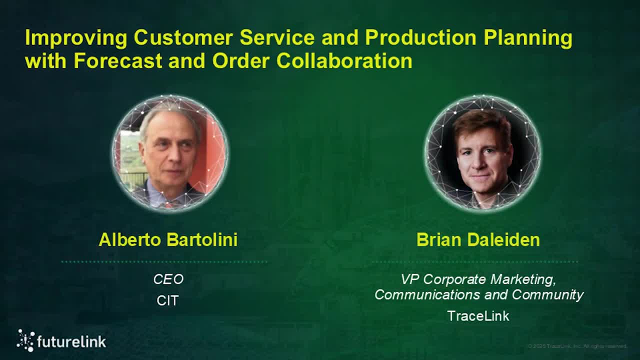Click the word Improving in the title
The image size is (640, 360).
click(x=76, y=38)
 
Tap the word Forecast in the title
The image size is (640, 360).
click(x=118, y=60)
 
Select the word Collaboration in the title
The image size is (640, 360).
click(x=344, y=60)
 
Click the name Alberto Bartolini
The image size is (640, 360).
click(x=168, y=239)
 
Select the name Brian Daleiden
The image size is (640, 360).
click(x=478, y=239)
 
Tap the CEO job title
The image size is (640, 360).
click(x=168, y=279)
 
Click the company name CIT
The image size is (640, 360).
click(x=167, y=301)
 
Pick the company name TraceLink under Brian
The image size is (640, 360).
click(x=478, y=316)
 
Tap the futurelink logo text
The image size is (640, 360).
click(x=71, y=342)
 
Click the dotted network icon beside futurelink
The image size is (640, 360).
click(x=25, y=340)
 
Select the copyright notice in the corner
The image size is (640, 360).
click(x=577, y=346)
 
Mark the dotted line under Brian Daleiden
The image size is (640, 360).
click(x=475, y=261)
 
